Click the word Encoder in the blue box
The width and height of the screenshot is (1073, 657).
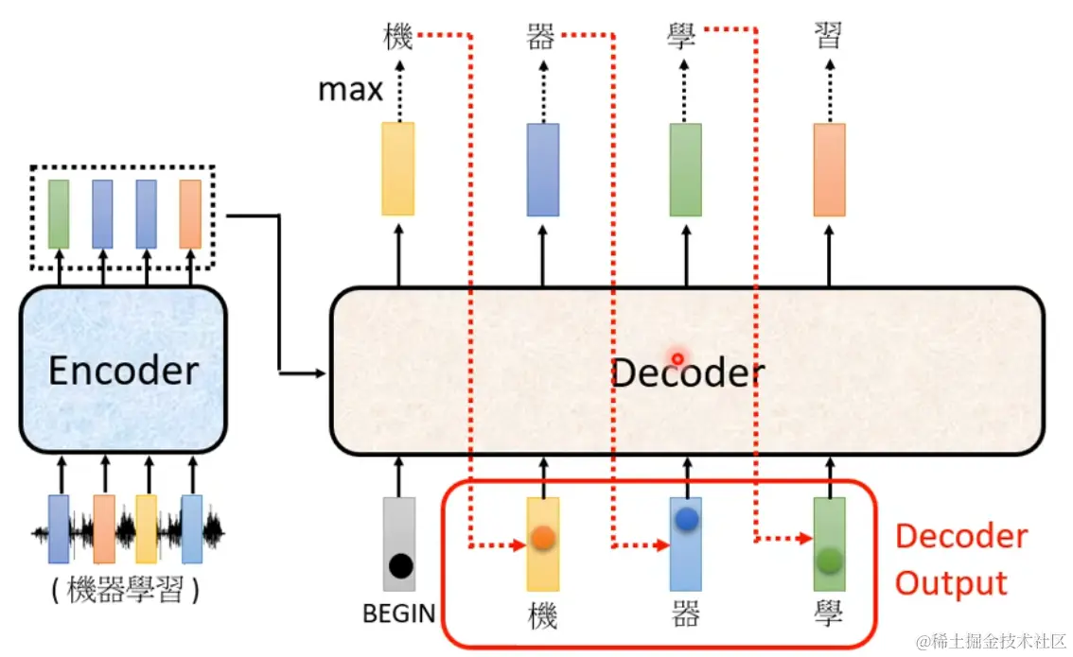click(124, 371)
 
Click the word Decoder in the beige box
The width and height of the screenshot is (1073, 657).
click(687, 372)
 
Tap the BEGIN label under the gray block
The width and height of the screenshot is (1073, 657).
click(398, 614)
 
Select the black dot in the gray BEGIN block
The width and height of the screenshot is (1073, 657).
click(400, 566)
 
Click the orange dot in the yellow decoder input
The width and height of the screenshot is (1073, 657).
click(542, 537)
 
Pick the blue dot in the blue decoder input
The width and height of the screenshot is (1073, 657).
click(687, 519)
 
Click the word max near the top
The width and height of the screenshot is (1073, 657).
click(350, 90)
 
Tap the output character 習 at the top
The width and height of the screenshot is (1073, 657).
click(828, 37)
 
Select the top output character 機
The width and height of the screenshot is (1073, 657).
click(398, 37)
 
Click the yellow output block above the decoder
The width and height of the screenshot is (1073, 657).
click(398, 168)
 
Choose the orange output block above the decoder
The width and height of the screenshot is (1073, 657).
click(829, 168)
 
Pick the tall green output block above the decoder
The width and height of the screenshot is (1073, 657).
click(685, 168)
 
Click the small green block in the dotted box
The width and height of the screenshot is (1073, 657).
click(59, 213)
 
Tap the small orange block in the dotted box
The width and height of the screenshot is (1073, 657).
click(190, 213)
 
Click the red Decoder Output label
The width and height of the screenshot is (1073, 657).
click(960, 559)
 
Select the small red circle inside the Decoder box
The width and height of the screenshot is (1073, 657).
click(677, 358)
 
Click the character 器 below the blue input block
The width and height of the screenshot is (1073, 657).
click(685, 616)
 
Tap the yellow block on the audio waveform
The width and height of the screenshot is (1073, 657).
click(146, 529)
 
